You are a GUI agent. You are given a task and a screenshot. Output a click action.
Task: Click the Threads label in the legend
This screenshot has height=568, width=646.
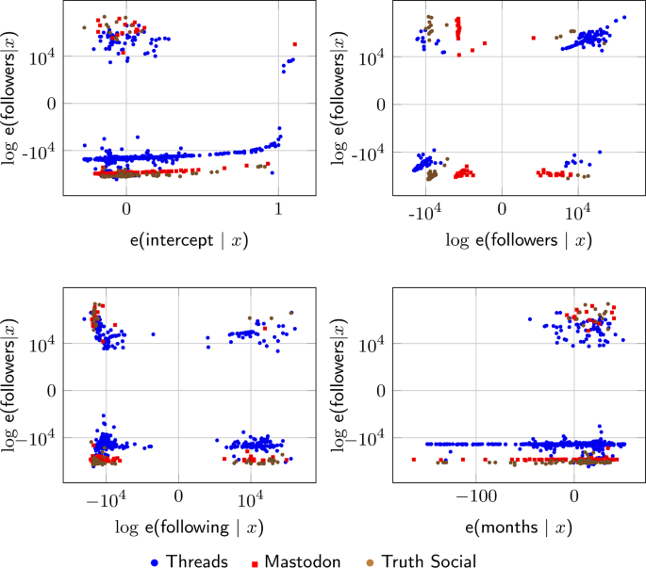(x=196, y=560)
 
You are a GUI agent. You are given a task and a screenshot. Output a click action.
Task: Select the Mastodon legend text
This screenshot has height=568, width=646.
(x=303, y=560)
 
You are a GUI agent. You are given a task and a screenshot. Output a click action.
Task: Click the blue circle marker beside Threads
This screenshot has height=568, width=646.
(x=154, y=561)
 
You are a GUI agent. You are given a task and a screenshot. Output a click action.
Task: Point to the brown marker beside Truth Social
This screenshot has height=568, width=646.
(x=369, y=561)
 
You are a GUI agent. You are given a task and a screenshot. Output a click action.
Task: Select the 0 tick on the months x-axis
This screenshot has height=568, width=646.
(x=574, y=494)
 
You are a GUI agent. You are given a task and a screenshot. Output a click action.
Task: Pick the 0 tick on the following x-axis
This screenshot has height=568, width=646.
(x=177, y=494)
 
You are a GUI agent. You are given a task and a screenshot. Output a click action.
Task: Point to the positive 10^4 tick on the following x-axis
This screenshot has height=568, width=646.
(x=249, y=494)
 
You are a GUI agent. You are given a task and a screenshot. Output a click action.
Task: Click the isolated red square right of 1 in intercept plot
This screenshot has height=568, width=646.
(x=295, y=44)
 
